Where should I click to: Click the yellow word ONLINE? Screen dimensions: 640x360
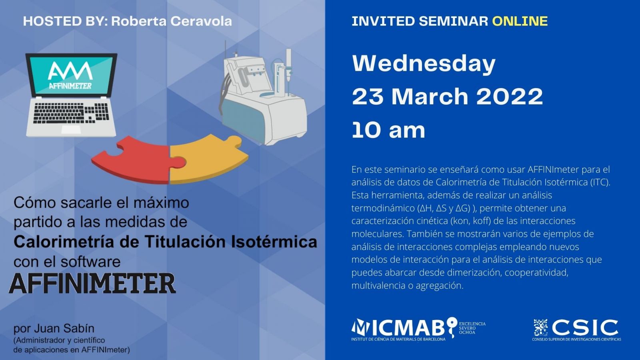tap(520, 21)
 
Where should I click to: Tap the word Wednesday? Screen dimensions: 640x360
tap(424, 64)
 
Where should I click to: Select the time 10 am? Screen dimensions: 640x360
tap(388, 130)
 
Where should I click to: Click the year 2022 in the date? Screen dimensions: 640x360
tap(510, 96)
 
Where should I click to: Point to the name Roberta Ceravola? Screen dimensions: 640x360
tap(172, 22)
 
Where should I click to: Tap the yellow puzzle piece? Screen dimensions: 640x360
tap(207, 159)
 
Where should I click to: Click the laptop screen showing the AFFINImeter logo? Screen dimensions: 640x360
tap(71, 75)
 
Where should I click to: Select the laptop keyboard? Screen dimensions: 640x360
tap(71, 113)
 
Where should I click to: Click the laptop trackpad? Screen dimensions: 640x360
tap(71, 130)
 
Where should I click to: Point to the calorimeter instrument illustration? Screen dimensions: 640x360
tap(263, 94)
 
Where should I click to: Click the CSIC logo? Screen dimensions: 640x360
tap(576, 330)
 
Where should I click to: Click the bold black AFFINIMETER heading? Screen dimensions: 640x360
tap(92, 284)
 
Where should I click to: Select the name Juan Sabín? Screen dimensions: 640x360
tap(64, 328)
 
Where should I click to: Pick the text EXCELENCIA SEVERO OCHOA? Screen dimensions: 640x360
tap(472, 328)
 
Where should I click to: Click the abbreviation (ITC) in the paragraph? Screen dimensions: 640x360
tap(600, 182)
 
